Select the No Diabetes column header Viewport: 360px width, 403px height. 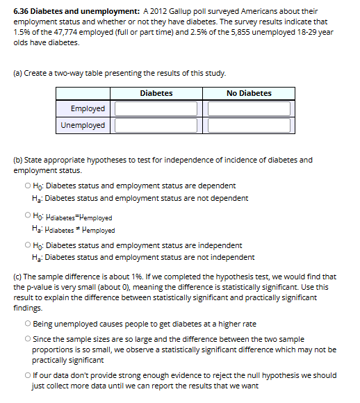tap(249, 93)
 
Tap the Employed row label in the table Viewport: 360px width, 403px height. tap(88, 109)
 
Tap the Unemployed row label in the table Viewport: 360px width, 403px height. tap(83, 126)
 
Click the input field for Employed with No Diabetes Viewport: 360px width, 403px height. tap(249, 109)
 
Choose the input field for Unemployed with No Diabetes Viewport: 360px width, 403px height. tap(249, 126)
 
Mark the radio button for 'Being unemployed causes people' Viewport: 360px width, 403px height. tap(26, 324)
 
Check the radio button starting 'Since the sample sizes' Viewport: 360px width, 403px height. tap(26, 338)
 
